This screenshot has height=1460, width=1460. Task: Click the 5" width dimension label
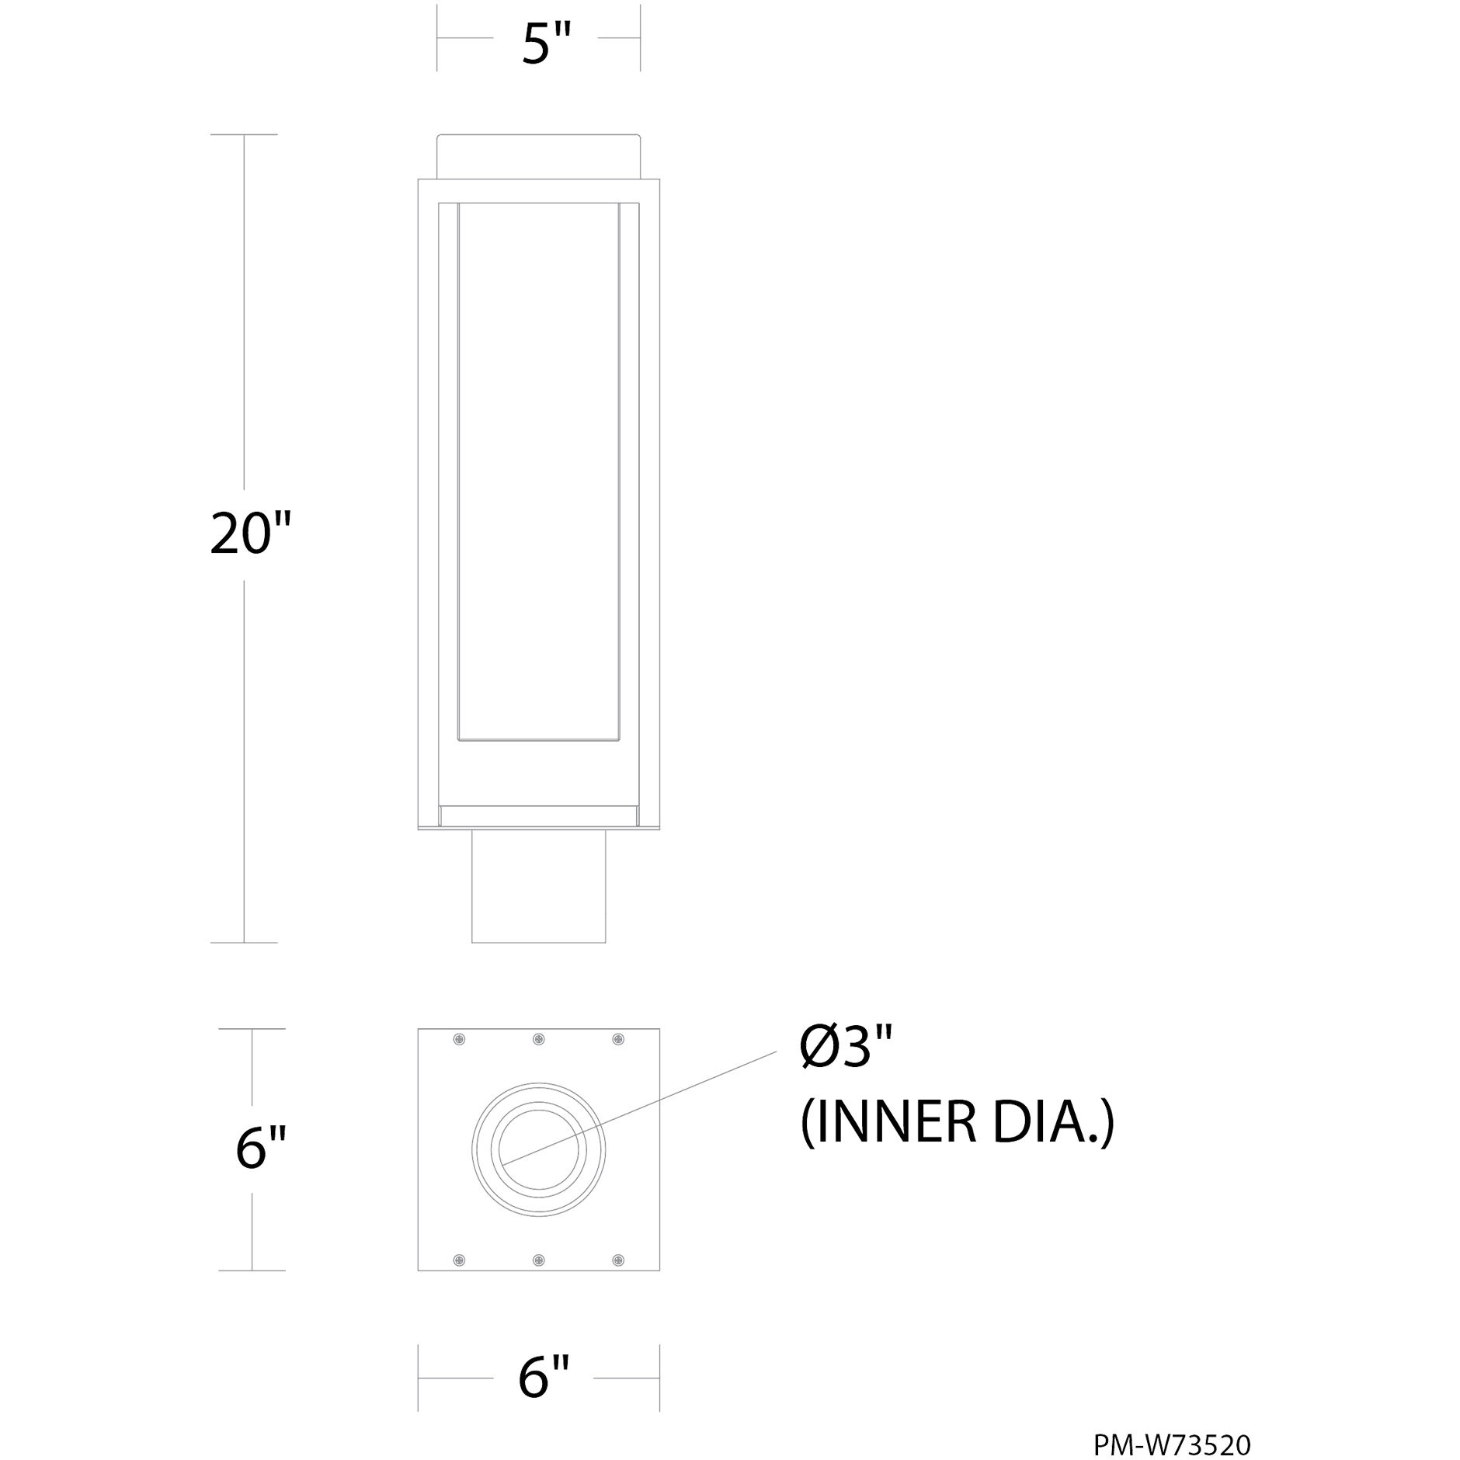click(x=546, y=45)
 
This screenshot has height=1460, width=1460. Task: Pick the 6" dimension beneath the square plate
click(x=544, y=1377)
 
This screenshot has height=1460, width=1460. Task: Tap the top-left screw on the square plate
click(x=460, y=1039)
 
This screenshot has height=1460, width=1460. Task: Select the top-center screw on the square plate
click(x=539, y=1039)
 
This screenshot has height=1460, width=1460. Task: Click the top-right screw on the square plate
click(x=618, y=1039)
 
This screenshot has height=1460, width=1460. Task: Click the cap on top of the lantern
click(x=538, y=157)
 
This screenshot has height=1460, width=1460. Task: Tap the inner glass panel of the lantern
click(x=538, y=466)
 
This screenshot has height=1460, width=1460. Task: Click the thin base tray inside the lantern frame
click(x=538, y=815)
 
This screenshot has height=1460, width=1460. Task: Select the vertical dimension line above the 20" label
click(x=245, y=311)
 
